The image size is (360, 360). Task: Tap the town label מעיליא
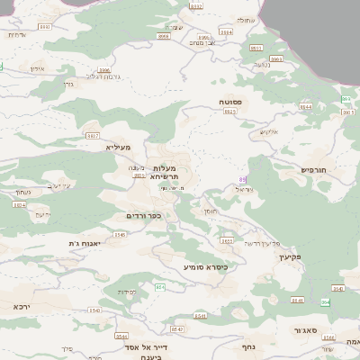pos(118,147)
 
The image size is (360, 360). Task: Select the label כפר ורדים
pos(143,216)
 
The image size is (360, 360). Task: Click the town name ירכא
pos(22,306)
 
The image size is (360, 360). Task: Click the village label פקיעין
pos(288,256)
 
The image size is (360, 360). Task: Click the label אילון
pos(37,68)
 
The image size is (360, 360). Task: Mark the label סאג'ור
pos(302,331)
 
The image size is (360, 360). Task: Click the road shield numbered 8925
pos(230,112)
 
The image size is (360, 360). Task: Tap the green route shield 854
pos(159,287)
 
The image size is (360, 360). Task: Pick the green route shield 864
pos(326,302)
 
